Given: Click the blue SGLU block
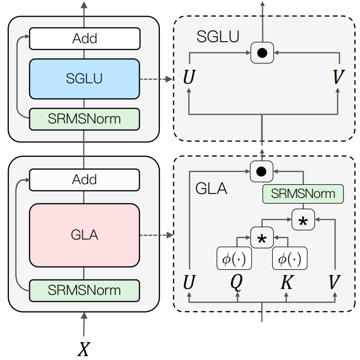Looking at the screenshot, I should click(x=84, y=78).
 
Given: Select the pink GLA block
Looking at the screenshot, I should click(x=84, y=235).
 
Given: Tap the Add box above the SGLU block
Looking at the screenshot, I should click(x=84, y=39).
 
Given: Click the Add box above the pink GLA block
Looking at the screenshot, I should click(x=84, y=179).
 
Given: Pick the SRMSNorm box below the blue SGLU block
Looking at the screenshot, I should click(x=84, y=119).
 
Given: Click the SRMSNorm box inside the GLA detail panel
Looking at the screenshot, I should click(x=303, y=193).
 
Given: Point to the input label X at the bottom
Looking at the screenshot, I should click(x=84, y=348).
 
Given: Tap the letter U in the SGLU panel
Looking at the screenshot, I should click(x=189, y=77).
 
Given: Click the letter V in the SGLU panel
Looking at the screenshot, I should click(x=338, y=77).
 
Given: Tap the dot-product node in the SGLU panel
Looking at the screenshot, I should click(x=262, y=52).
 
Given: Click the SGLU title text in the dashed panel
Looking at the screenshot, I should click(x=218, y=36).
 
